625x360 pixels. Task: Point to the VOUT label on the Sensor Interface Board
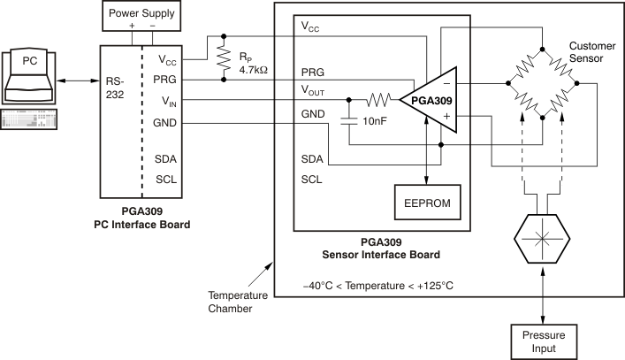click(316, 92)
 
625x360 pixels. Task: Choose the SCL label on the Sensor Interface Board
click(311, 178)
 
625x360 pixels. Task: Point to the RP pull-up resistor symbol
click(223, 58)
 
